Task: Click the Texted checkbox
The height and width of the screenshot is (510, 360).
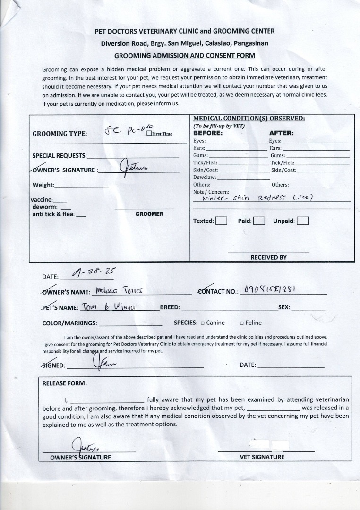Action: pos(221,221)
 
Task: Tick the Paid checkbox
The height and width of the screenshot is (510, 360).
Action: pos(258,221)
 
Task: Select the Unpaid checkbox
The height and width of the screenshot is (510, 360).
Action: pos(303,221)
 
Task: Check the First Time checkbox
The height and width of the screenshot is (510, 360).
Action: pos(149,134)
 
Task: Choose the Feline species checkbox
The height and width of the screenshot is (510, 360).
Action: pos(242,323)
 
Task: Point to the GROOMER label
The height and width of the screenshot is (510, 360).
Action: pos(149,214)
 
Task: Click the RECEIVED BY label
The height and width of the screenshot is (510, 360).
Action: pos(268,257)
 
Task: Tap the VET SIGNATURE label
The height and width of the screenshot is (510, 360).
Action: pos(262,457)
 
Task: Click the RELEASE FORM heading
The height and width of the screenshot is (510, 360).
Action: pos(64,383)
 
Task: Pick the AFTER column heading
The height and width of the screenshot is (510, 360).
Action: pos(281,133)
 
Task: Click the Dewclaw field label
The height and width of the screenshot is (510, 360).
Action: pos(205,177)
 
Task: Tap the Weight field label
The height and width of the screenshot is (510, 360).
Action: pos(43,185)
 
